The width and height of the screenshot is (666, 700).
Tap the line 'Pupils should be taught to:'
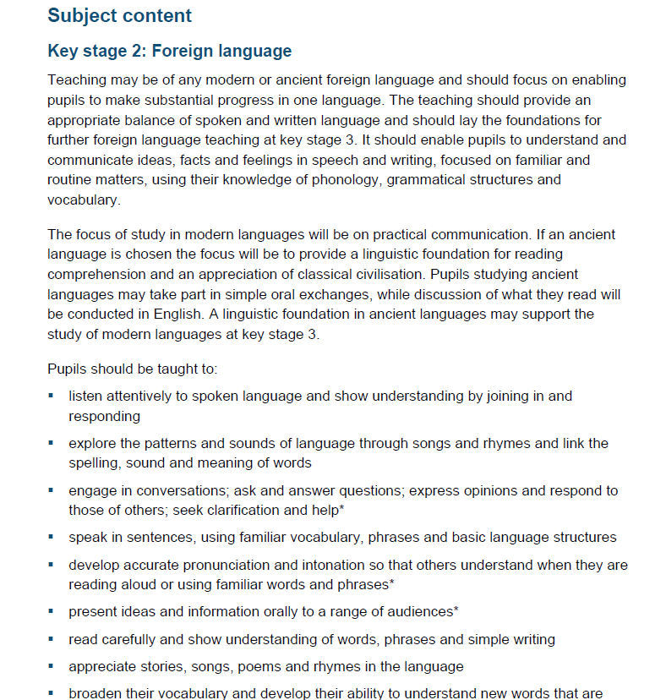(x=133, y=369)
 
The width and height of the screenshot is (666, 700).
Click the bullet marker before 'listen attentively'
(x=52, y=396)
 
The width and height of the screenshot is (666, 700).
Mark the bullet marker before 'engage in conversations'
(x=52, y=490)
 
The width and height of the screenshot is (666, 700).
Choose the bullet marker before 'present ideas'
(x=52, y=610)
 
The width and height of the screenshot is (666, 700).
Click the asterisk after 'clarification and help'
(x=341, y=509)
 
